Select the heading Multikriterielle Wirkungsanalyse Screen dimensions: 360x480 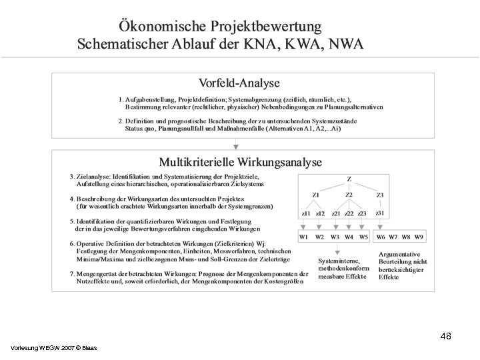[239, 162]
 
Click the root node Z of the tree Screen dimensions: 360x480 [349, 179]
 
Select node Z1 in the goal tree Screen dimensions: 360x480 [315, 195]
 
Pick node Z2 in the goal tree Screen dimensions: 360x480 [349, 195]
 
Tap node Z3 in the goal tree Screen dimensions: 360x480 [379, 195]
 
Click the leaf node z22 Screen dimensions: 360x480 [347, 213]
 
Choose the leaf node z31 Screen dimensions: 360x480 [379, 213]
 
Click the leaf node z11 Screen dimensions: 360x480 [305, 213]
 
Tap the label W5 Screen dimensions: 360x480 [363, 237]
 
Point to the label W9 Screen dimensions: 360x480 [419, 237]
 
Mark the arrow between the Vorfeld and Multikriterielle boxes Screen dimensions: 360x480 [235, 144]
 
